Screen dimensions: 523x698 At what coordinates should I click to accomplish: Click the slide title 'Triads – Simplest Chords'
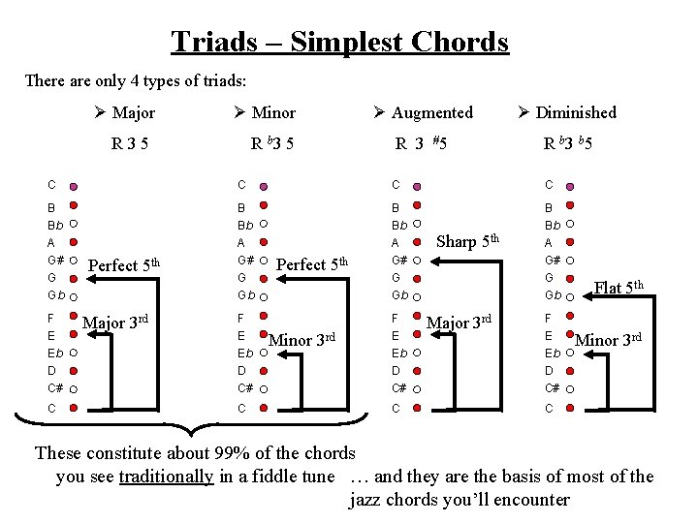coord(339,42)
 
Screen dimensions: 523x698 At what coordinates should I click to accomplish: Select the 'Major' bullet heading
coord(133,112)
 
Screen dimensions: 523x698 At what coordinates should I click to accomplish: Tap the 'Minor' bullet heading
coord(272,112)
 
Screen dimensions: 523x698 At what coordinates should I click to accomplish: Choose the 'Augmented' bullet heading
coord(431,112)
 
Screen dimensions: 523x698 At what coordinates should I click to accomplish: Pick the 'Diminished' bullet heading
coord(575,112)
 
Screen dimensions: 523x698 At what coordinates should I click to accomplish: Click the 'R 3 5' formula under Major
coord(129,145)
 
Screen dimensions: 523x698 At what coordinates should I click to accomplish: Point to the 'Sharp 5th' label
coord(468,240)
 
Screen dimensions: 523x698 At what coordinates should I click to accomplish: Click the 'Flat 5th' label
coord(621,287)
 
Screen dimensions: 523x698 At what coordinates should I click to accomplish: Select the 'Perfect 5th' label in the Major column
coord(124,264)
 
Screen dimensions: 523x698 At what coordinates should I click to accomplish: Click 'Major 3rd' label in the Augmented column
coord(460,322)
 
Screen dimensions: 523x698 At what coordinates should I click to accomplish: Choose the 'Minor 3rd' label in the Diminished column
coord(610,339)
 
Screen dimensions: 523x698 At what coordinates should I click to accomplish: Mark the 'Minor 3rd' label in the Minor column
coord(301,339)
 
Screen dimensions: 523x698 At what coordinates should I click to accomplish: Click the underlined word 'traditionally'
coord(166,476)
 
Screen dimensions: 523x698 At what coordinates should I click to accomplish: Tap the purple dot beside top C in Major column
coord(74,184)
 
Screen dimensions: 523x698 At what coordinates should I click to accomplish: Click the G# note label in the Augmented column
coord(398,260)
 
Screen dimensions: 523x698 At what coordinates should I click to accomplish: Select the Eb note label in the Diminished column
coord(552,353)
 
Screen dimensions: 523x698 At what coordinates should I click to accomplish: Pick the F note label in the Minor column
coord(241,318)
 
